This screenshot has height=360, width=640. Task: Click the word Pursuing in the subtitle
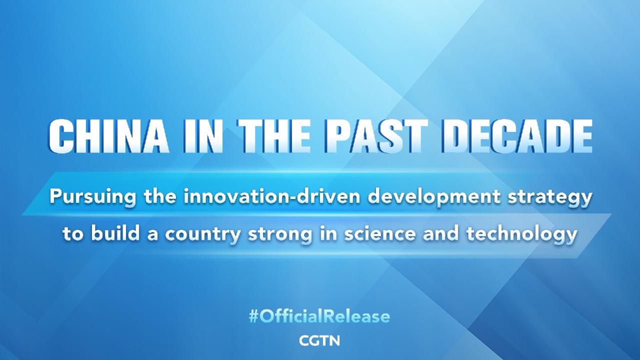click(85, 197)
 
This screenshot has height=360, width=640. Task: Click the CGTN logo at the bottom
click(319, 341)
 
